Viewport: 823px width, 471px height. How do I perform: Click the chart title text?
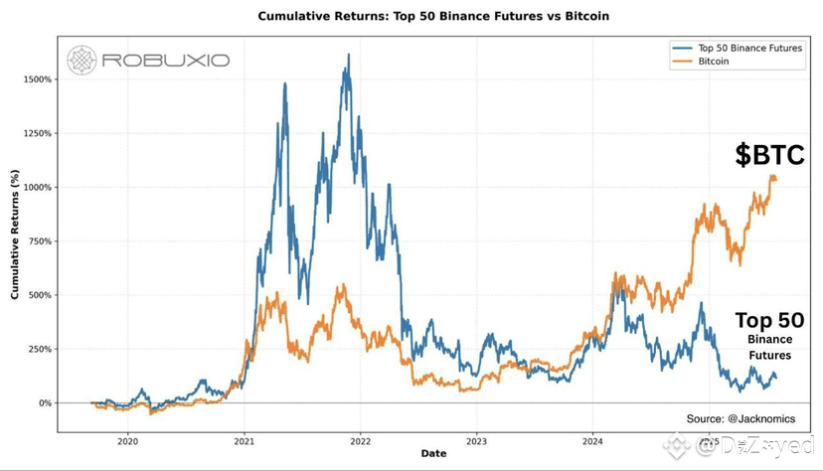[433, 16]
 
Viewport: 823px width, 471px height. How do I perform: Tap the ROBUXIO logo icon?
[82, 60]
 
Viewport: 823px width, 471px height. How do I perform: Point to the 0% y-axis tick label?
[46, 403]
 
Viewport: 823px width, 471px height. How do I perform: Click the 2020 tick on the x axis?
[127, 440]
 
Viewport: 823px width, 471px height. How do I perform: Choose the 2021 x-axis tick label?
[244, 440]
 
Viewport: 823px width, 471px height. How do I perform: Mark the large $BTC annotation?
[769, 154]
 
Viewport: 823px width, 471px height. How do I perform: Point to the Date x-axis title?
[433, 454]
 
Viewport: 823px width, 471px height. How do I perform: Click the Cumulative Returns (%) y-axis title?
[15, 235]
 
